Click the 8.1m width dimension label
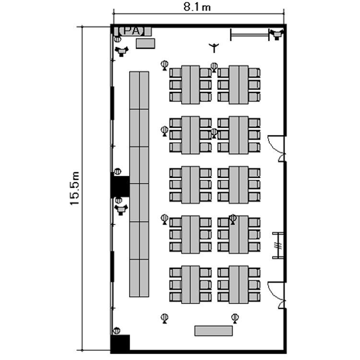197,7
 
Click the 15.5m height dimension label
75,188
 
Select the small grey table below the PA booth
145,43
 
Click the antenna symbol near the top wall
214,48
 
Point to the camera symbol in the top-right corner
276,35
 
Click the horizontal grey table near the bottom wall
214,331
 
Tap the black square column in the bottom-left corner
120,343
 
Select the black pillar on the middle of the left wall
120,186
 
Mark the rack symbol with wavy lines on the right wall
278,245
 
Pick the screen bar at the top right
250,35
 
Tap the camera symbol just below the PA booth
121,51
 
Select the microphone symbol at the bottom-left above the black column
117,331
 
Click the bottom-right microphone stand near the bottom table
235,318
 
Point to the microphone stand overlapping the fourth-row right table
233,219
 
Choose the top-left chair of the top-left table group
175,73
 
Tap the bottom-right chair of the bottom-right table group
254,297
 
